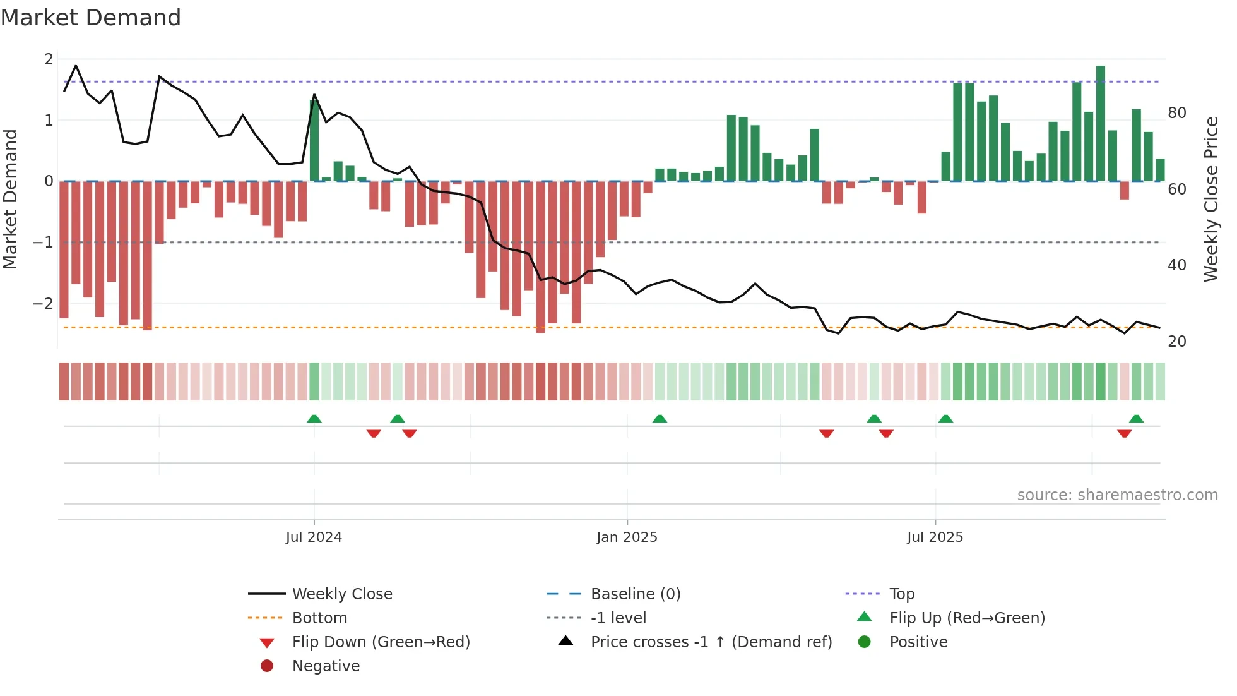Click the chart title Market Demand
(x=91, y=18)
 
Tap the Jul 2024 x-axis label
(x=314, y=537)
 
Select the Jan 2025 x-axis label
(x=627, y=537)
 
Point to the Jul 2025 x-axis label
(x=935, y=537)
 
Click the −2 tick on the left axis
(x=44, y=304)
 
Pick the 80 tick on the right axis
(x=1176, y=113)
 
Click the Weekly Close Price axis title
(x=1210, y=199)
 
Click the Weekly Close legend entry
(x=341, y=594)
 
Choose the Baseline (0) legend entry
(x=635, y=594)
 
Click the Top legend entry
(x=901, y=594)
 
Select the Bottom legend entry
(x=319, y=618)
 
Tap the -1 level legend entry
(x=618, y=618)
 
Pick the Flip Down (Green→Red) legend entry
(x=381, y=642)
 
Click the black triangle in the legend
(x=566, y=641)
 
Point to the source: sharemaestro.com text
(x=1117, y=495)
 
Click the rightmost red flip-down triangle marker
(x=1124, y=433)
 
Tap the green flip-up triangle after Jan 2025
(x=660, y=419)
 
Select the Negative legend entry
(x=326, y=666)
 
